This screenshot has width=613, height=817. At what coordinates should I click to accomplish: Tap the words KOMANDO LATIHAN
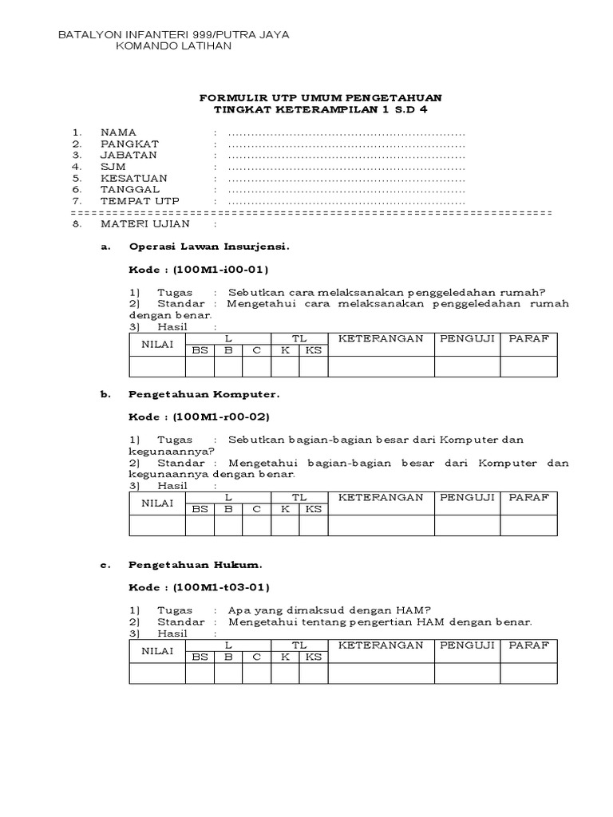pyautogui.click(x=174, y=46)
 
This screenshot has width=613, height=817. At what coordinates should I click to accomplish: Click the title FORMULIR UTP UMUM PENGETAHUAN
pyautogui.click(x=319, y=97)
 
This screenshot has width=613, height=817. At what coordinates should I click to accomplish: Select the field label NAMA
pyautogui.click(x=118, y=132)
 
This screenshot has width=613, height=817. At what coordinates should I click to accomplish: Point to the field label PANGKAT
pyautogui.click(x=129, y=144)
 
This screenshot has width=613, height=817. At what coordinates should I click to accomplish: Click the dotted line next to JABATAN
pyautogui.click(x=346, y=155)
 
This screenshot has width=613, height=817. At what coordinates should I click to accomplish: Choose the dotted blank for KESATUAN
pyautogui.click(x=346, y=178)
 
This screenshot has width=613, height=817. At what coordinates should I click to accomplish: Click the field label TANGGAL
pyautogui.click(x=130, y=190)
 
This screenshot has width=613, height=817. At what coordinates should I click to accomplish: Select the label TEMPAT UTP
pyautogui.click(x=140, y=201)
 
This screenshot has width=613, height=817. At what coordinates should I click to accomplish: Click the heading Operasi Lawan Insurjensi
pyautogui.click(x=208, y=247)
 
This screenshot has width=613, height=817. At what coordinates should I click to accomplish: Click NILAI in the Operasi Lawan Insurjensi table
pyautogui.click(x=157, y=345)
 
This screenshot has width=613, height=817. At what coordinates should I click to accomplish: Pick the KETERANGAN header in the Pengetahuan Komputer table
pyautogui.click(x=381, y=497)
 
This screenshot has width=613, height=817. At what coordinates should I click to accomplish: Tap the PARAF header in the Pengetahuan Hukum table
pyautogui.click(x=528, y=645)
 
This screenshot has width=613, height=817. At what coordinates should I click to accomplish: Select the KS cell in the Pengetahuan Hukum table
pyautogui.click(x=314, y=657)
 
